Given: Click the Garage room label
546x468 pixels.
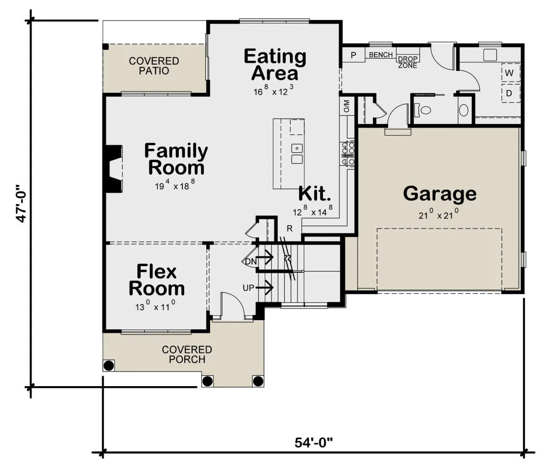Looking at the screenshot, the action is coord(440,194).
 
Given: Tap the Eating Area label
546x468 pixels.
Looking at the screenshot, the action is coord(275,65).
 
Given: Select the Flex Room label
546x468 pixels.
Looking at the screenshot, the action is coord(157,280).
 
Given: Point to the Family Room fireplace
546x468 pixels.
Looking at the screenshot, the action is coord(114,168).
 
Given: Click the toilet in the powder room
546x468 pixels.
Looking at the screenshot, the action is coord(423,110).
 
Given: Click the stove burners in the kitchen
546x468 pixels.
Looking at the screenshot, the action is coord(348,153).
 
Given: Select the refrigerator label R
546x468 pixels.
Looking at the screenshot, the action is coord(289,228).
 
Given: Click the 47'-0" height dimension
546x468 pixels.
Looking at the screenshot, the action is coord(21,204).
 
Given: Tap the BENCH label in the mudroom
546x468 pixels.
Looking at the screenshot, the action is coord(381,55).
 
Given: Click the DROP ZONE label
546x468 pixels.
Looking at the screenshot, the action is coord(408,62).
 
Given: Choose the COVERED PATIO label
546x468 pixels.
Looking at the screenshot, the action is coord(154,66).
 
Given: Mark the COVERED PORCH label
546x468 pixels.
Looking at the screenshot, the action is coord(187,354).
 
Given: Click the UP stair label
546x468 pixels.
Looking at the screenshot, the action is coord(248,288).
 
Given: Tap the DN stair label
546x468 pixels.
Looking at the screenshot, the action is coord(251,262).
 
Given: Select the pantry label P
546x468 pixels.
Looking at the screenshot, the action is coord(354,55).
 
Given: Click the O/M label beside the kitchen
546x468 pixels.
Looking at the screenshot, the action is coord(346,106).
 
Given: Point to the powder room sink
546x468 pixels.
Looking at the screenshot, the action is coord(464,110).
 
